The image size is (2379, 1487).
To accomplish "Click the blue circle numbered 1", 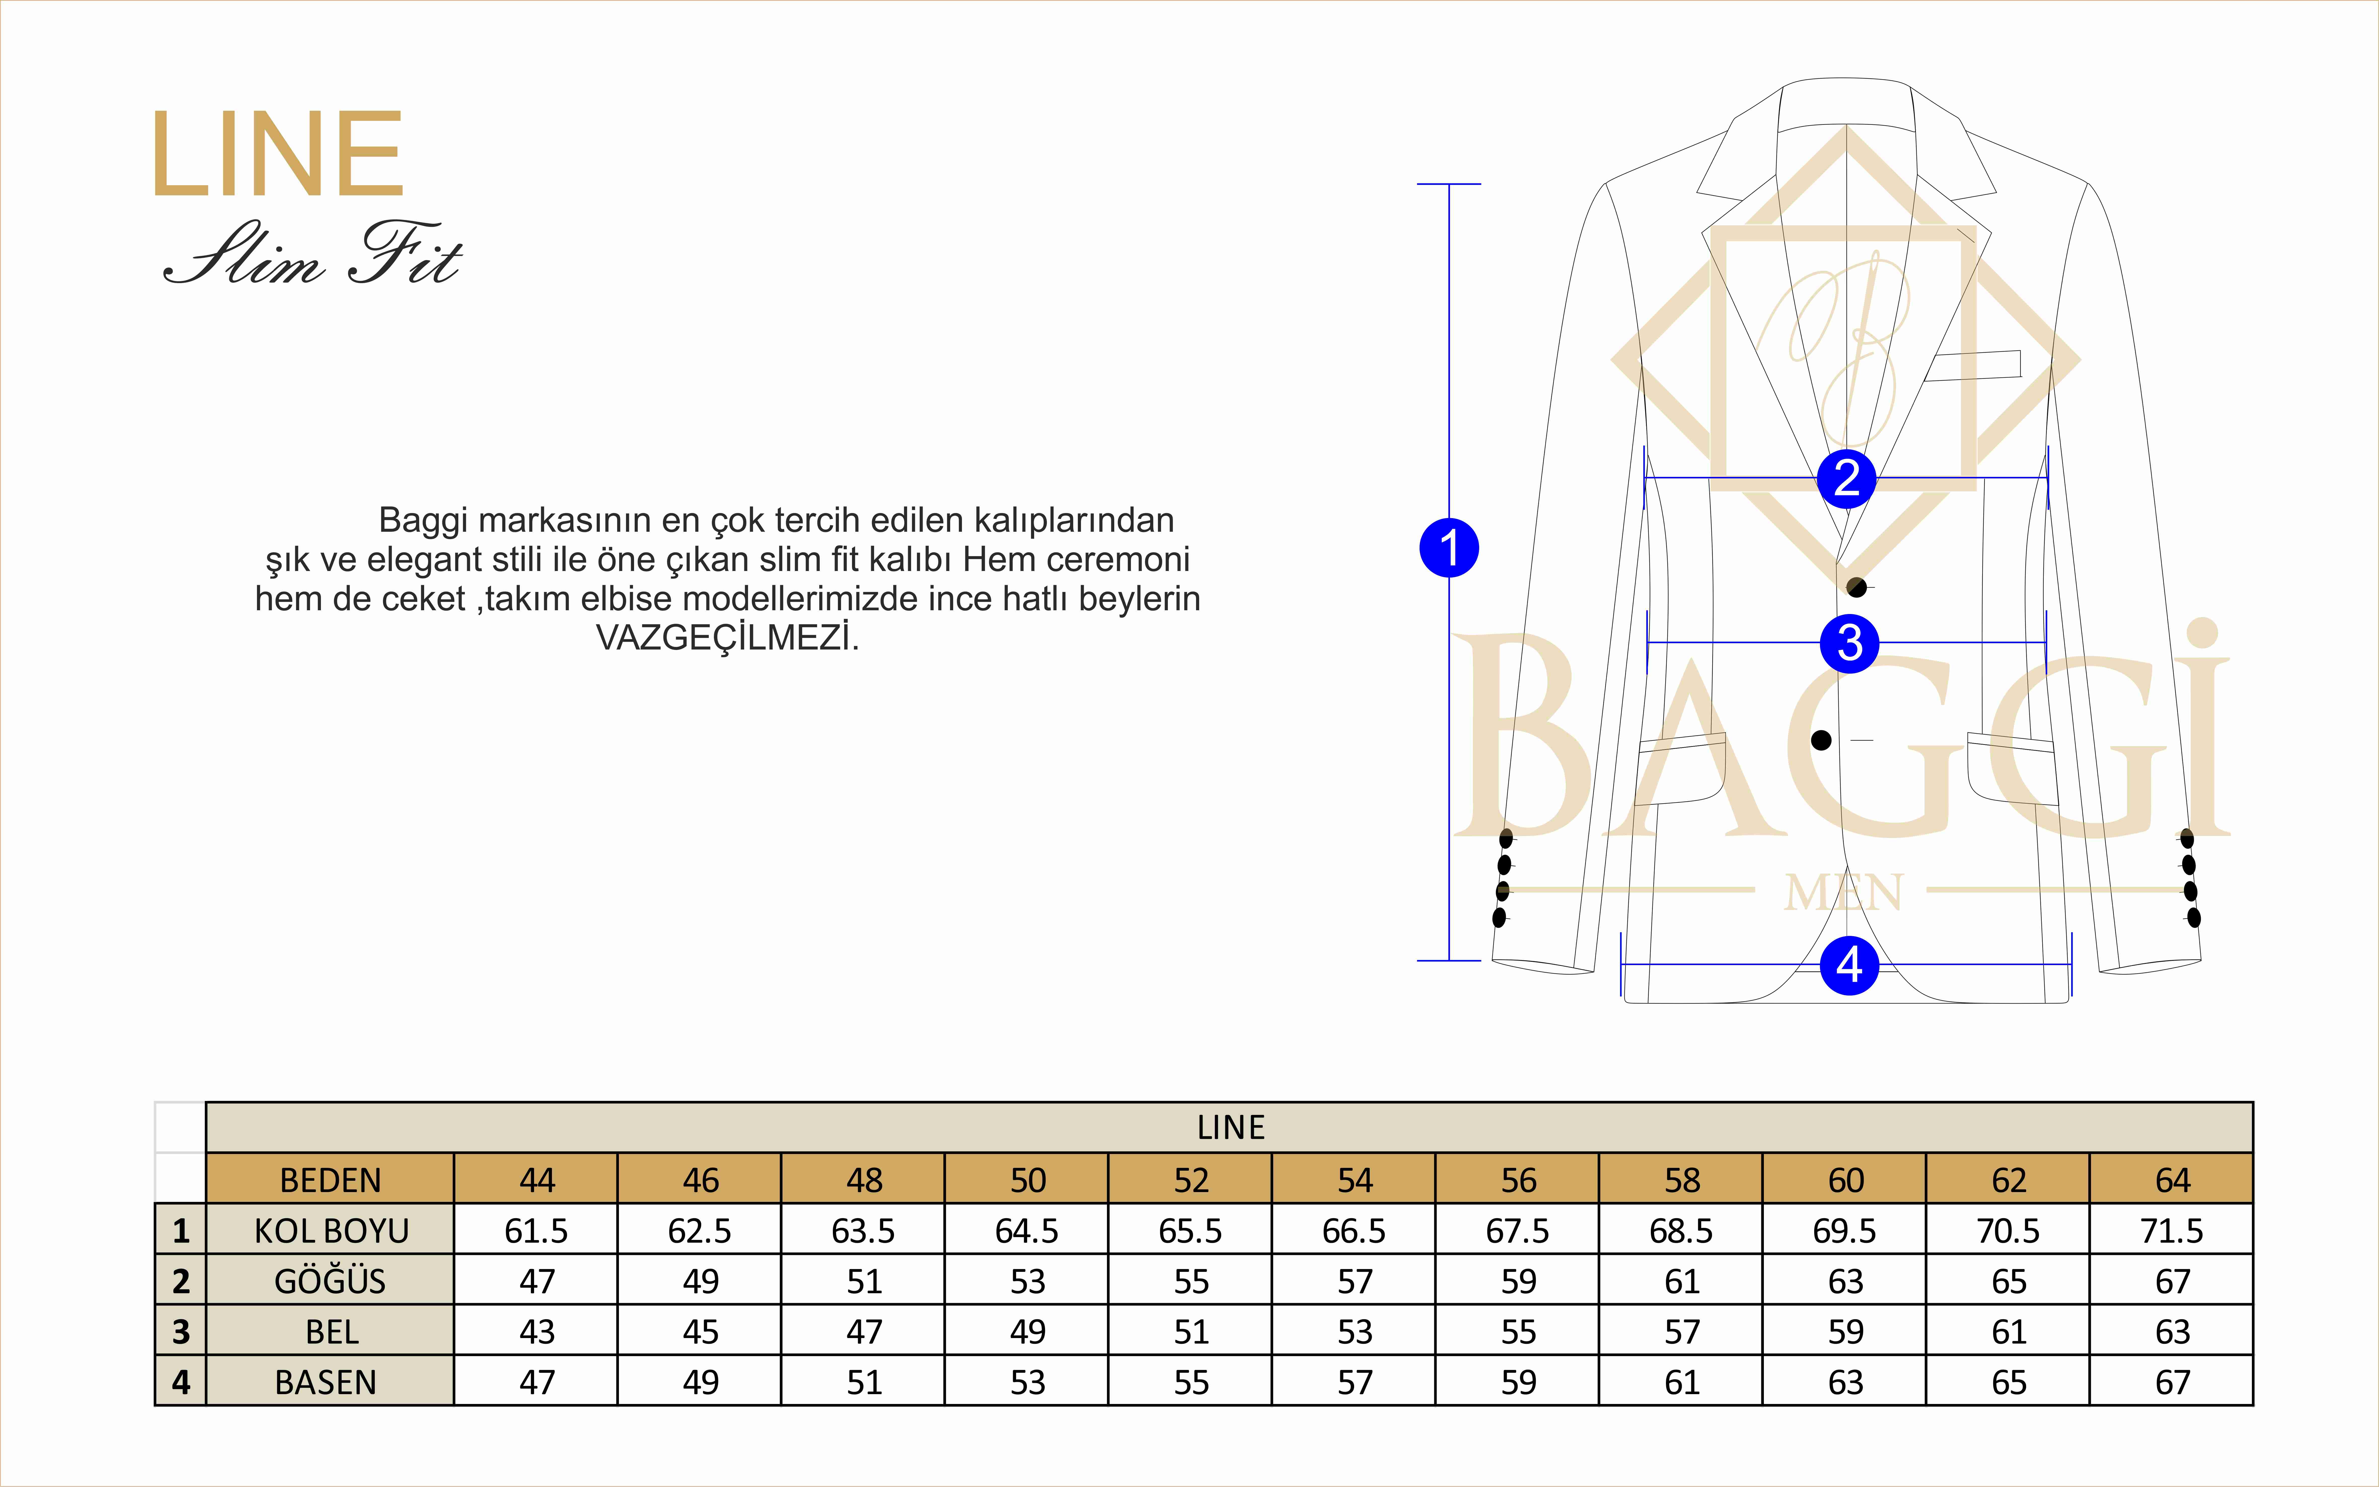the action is coord(1449,548).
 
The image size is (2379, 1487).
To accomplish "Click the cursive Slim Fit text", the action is coord(313,254).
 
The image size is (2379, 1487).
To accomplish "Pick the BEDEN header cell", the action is coord(330,1179).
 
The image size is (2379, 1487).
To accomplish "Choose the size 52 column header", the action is coord(1191,1179).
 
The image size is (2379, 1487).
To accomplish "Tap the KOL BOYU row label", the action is coord(330,1230).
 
